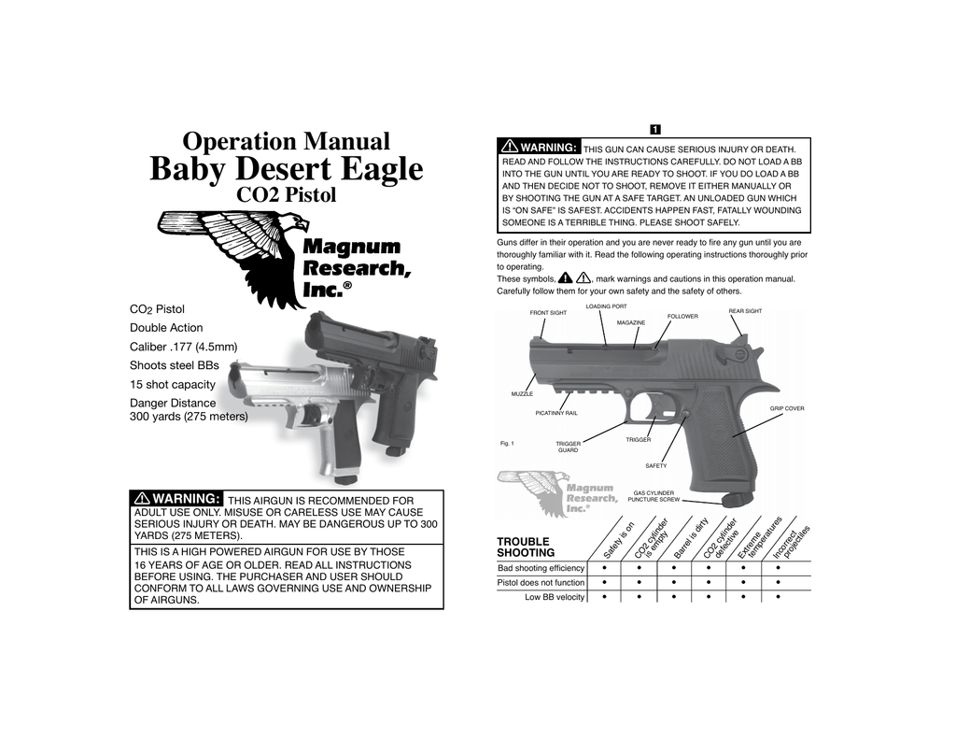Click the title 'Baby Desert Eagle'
click(287, 169)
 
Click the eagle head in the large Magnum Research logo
click(295, 224)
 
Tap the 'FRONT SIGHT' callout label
click(548, 313)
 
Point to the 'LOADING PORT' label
click(606, 306)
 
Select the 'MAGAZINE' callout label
click(631, 322)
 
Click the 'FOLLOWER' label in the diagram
click(682, 317)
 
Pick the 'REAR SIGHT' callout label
click(745, 311)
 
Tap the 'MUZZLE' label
click(522, 394)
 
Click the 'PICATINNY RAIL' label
click(556, 412)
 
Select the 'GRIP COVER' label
click(786, 408)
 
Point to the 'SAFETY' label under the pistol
click(656, 465)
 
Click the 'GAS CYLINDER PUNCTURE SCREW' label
click(654, 496)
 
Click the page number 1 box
click(655, 128)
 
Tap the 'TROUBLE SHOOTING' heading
click(523, 547)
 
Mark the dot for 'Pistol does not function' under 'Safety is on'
click(605, 582)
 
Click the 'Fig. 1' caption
click(508, 443)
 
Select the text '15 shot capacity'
click(172, 384)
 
